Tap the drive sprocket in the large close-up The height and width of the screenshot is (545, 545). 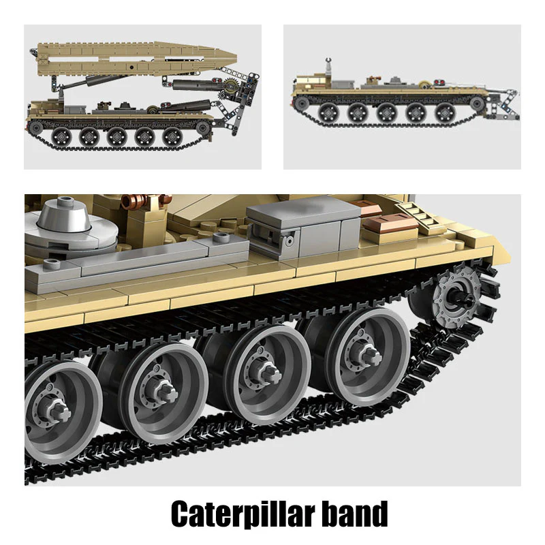454,297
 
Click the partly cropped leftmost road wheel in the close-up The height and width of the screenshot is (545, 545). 59,407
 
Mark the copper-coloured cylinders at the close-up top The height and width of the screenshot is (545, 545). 144,201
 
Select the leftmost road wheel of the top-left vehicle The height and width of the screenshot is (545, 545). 61,136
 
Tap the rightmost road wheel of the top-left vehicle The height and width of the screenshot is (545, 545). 172,136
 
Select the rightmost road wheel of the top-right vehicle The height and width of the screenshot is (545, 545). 444,112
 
